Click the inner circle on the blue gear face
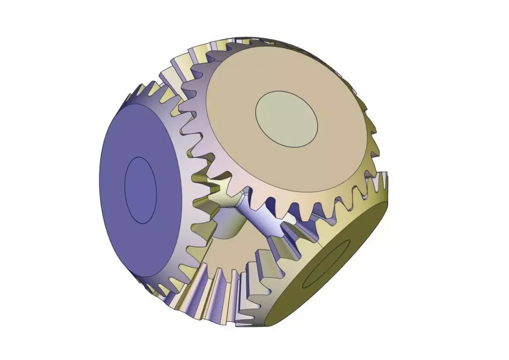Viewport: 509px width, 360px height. tap(140, 191)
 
